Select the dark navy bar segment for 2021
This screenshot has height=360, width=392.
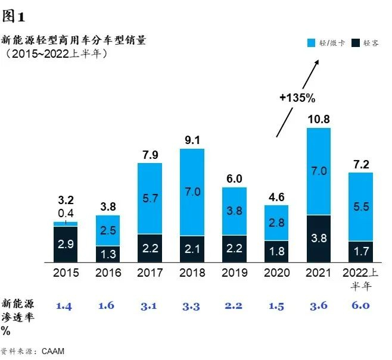coord(318,238)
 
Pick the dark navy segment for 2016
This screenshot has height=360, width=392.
coord(107,254)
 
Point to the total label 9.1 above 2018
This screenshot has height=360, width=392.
coord(192,142)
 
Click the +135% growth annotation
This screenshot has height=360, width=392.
coord(297,97)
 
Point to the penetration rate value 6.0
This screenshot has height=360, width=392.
coord(360,306)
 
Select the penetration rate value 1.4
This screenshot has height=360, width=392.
coord(65,306)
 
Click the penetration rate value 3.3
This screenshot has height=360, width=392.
coord(192,306)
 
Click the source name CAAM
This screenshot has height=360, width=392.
coord(52,351)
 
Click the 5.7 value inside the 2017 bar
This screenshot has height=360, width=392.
coord(150,197)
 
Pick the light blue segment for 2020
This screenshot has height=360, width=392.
coord(276,223)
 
